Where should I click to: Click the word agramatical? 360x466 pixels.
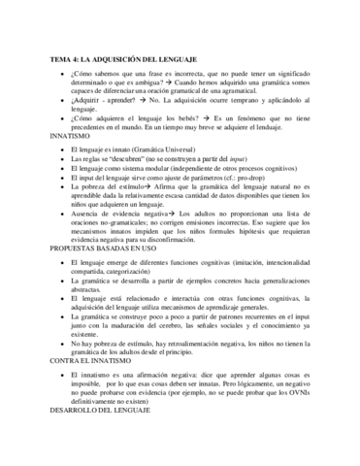258,95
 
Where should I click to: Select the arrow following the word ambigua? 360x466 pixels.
181,83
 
